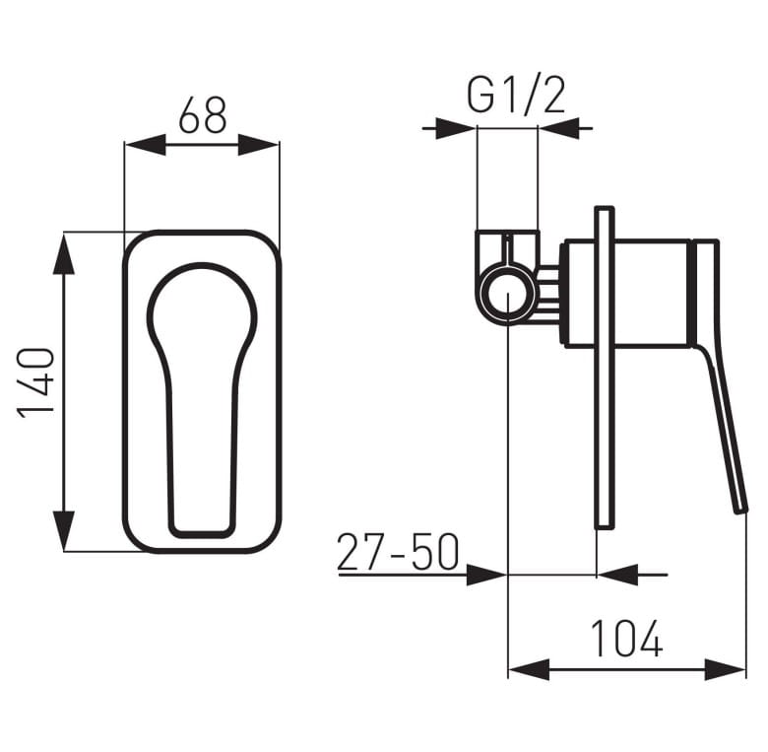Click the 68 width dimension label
(202, 115)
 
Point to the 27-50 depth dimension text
(398, 553)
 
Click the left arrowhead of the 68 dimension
(146, 145)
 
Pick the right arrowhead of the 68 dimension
(259, 145)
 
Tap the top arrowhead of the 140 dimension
(64, 254)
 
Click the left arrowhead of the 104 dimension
(529, 669)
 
